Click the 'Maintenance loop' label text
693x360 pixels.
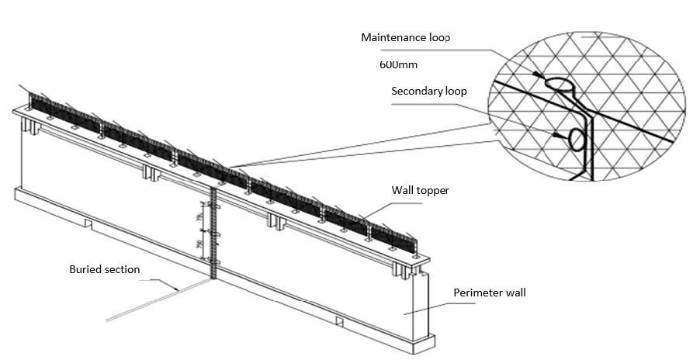coord(405,37)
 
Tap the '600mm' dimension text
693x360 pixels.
coord(399,64)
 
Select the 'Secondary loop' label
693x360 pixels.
coord(428,91)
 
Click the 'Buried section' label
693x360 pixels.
coord(104,269)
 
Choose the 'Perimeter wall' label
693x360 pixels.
coord(489,292)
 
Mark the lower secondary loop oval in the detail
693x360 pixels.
coord(579,139)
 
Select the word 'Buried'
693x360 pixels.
coord(84,269)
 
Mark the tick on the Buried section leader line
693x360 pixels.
coord(178,289)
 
